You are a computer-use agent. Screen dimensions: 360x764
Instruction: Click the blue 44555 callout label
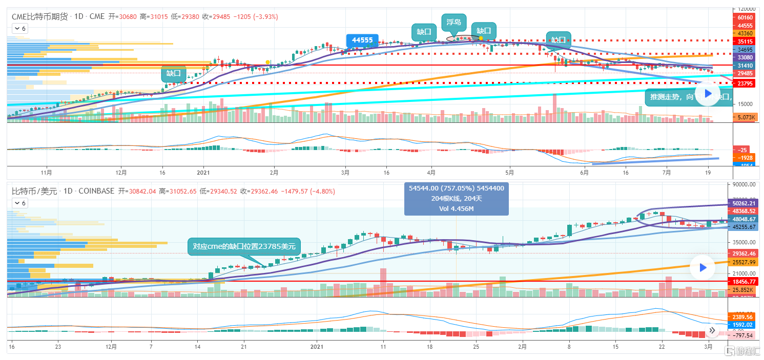click(x=362, y=41)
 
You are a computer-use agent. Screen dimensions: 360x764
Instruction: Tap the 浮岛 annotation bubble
click(x=453, y=22)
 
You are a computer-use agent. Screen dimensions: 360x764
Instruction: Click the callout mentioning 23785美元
click(x=244, y=246)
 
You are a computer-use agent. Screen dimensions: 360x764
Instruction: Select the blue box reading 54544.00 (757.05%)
click(x=456, y=198)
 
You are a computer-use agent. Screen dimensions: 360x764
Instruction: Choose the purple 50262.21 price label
click(x=744, y=203)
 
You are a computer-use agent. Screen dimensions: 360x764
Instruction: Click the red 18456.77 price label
click(x=744, y=281)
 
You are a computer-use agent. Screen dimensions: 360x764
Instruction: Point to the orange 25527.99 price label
click(x=744, y=262)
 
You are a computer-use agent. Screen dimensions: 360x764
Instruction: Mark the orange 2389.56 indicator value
click(x=744, y=317)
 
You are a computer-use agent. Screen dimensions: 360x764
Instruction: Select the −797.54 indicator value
click(x=744, y=335)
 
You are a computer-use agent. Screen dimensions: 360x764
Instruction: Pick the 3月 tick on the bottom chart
click(x=708, y=347)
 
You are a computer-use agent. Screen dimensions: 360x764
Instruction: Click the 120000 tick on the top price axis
click(x=745, y=9)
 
